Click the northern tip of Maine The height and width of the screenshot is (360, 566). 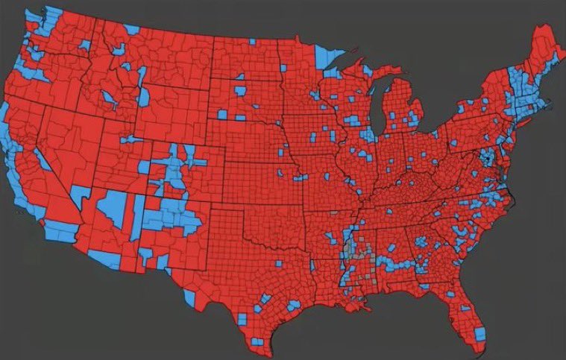click(x=538, y=28)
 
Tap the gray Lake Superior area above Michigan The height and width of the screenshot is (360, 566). click(x=358, y=63)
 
